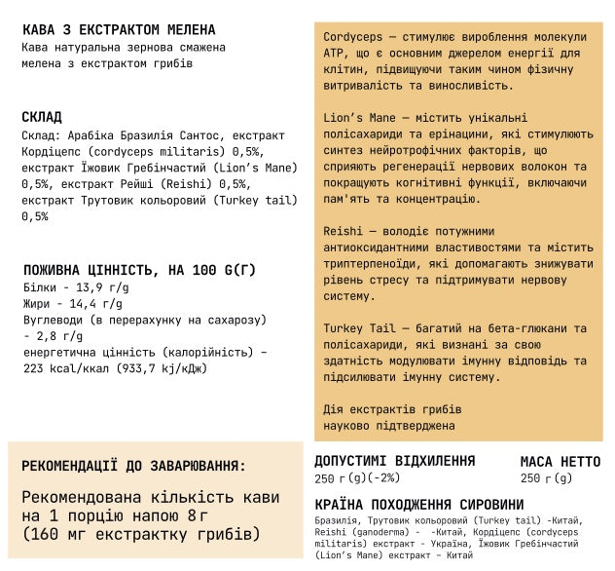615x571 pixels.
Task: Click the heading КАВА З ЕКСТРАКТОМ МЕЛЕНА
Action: click(118, 29)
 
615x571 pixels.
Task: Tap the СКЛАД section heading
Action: click(41, 118)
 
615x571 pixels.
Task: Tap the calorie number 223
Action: click(33, 368)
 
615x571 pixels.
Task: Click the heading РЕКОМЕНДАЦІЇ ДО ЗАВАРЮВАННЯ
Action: click(133, 466)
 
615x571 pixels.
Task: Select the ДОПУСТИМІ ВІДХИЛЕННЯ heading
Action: click(394, 461)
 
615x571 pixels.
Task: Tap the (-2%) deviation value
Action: click(382, 478)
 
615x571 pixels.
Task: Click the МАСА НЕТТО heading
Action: click(561, 461)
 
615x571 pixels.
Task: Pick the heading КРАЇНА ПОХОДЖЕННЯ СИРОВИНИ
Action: click(418, 505)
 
